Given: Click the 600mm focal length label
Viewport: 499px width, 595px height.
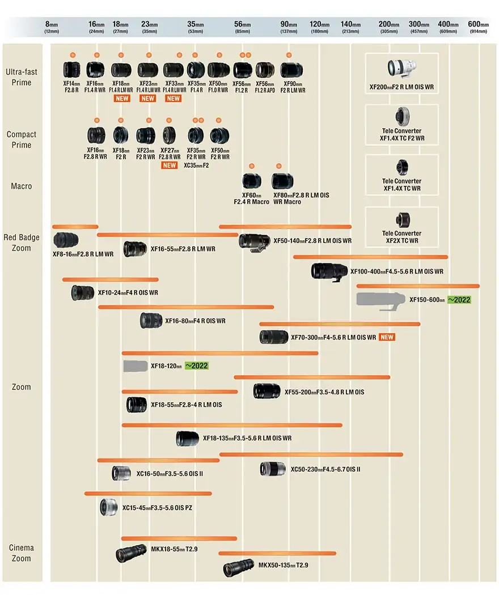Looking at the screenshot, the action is (x=478, y=27).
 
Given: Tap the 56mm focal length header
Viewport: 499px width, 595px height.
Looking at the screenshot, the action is (x=242, y=27).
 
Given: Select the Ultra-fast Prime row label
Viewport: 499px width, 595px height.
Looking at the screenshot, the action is (x=22, y=77).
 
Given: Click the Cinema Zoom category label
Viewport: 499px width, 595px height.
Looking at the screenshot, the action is (x=22, y=553).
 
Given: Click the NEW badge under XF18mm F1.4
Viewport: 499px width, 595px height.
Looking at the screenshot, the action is (x=122, y=98).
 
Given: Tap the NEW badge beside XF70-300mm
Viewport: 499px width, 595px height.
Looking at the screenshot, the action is (x=387, y=337).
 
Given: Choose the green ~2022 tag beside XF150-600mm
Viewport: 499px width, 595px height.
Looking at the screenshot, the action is (x=459, y=300).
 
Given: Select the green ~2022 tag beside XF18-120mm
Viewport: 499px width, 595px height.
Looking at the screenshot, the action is (x=197, y=366).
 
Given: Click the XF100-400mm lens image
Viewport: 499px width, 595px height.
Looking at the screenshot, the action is (x=329, y=271).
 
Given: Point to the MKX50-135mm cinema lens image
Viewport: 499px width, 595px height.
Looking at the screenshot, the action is (x=239, y=568).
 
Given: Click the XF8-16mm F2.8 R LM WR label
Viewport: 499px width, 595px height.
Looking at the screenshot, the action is (x=83, y=254).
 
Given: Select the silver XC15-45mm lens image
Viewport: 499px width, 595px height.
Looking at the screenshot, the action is (x=109, y=507).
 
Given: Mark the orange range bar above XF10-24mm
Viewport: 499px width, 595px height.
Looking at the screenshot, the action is (x=110, y=280).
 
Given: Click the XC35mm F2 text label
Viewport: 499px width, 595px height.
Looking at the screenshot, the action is (x=196, y=165).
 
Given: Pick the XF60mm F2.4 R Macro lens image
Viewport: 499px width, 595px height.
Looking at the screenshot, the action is (x=251, y=181).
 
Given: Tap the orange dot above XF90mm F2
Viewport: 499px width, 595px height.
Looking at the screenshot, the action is (x=289, y=56).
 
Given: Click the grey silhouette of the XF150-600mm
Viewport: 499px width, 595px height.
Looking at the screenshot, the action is (x=380, y=301).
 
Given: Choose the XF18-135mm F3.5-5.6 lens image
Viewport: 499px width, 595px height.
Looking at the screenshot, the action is (x=188, y=439).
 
